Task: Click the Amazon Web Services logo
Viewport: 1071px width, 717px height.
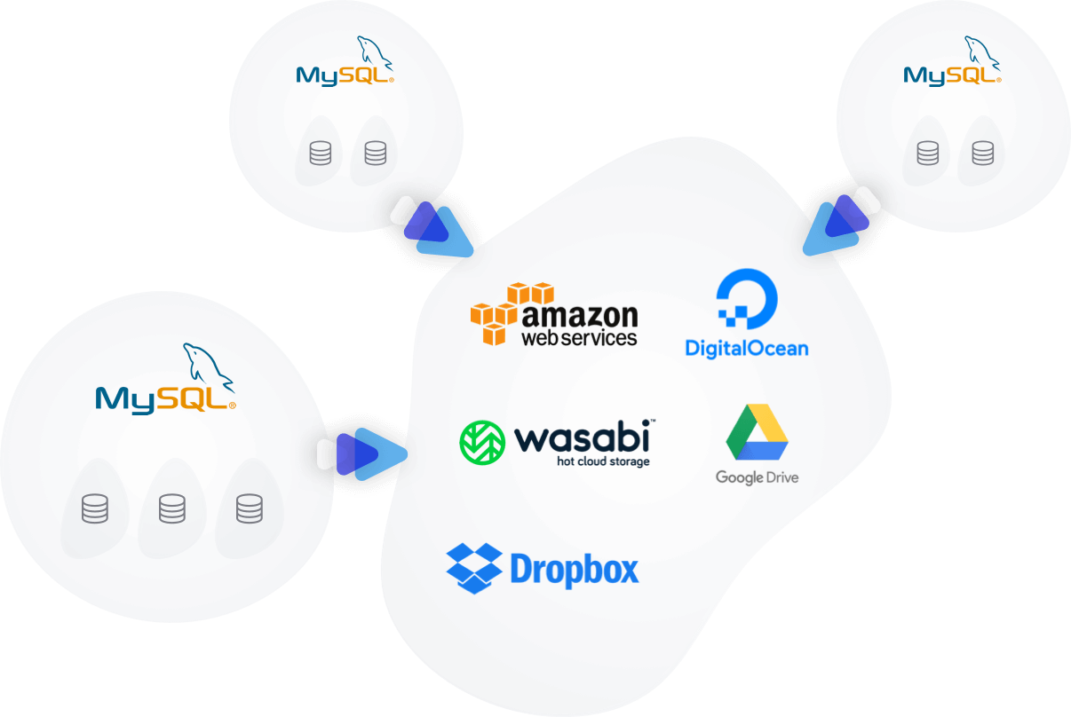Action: click(x=554, y=315)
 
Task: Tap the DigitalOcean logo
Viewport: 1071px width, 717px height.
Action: click(x=747, y=315)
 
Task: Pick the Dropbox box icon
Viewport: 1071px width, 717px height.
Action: click(x=474, y=568)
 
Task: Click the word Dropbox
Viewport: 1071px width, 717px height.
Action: click(x=575, y=570)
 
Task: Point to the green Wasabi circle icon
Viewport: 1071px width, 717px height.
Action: click(x=482, y=442)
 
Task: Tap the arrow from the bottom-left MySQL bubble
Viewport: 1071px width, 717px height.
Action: click(x=362, y=453)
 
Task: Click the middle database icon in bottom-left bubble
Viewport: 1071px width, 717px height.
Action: click(x=171, y=509)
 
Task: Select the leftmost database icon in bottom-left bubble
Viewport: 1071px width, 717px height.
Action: click(x=94, y=509)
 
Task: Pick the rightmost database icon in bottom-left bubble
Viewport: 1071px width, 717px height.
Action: click(x=249, y=509)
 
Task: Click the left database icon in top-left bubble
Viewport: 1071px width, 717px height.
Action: click(x=321, y=154)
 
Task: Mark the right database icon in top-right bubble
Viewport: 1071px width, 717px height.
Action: click(x=981, y=154)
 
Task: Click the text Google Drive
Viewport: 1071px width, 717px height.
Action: click(x=757, y=477)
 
